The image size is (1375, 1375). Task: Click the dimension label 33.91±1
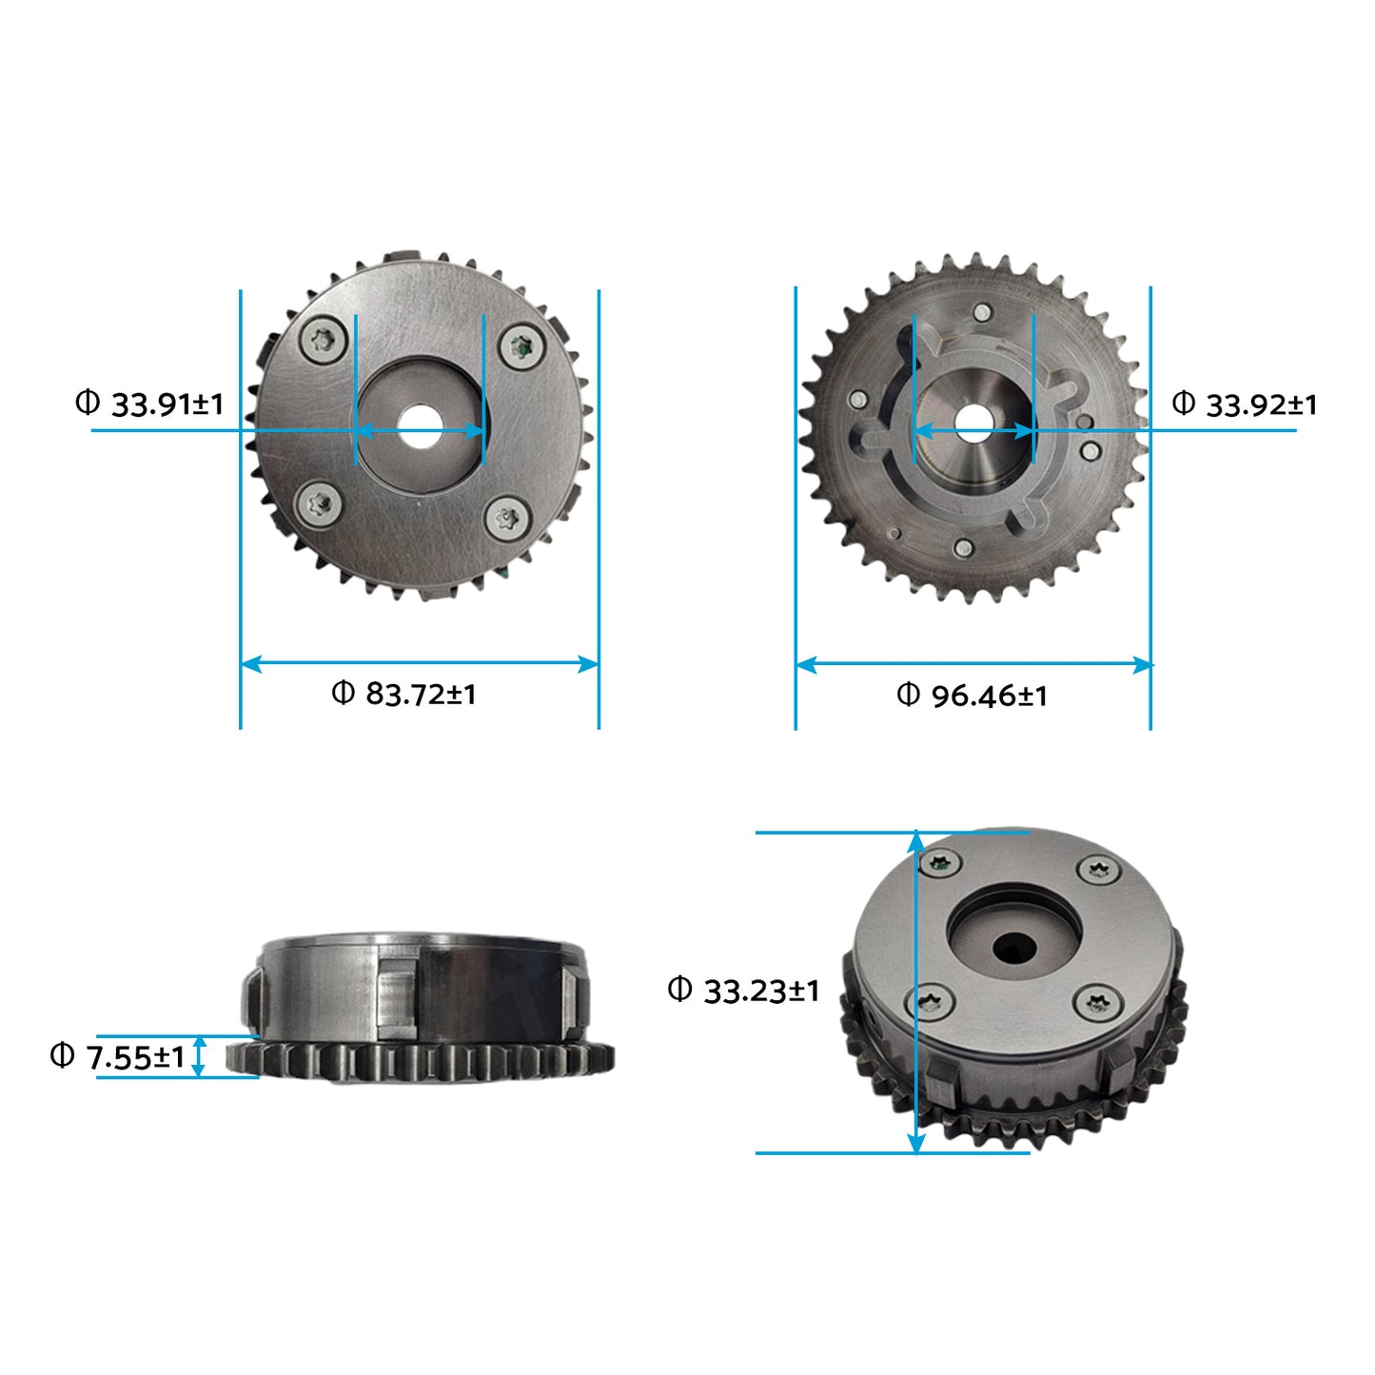(167, 404)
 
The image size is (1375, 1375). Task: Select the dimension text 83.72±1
(421, 694)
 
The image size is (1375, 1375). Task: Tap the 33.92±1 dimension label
(1262, 405)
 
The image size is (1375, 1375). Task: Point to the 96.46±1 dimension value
(989, 696)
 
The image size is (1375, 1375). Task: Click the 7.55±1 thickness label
(134, 1056)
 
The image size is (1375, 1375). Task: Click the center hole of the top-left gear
(420, 428)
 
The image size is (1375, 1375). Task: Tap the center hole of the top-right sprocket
(972, 422)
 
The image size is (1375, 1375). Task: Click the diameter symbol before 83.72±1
(343, 692)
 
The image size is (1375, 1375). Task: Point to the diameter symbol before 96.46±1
(908, 694)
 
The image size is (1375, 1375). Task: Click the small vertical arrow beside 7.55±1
(199, 1056)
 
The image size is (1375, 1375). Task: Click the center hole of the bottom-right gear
(1014, 946)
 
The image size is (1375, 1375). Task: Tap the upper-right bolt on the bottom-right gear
(1101, 869)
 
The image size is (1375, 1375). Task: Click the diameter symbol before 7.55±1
(62, 1054)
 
